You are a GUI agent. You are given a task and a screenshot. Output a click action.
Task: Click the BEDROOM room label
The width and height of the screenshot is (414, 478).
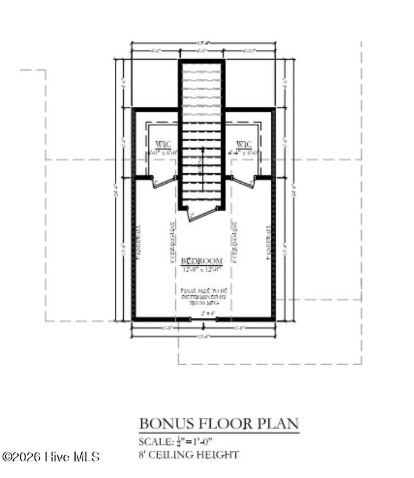point(201,260)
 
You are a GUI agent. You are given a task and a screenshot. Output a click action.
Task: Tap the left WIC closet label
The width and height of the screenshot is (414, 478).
point(163,145)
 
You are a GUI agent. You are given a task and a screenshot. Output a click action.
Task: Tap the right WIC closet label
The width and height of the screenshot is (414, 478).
point(244,145)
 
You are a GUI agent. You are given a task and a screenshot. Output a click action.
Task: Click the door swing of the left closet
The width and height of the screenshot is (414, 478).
point(164,183)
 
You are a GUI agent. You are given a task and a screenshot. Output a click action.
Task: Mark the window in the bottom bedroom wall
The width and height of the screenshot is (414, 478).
point(204,319)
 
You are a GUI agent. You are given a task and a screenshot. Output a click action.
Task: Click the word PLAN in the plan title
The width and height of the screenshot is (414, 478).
point(279,424)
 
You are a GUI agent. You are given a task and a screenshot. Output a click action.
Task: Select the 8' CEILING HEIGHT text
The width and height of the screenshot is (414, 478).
point(188,455)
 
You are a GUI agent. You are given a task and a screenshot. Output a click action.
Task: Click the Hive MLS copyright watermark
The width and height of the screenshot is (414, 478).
point(51,457)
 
